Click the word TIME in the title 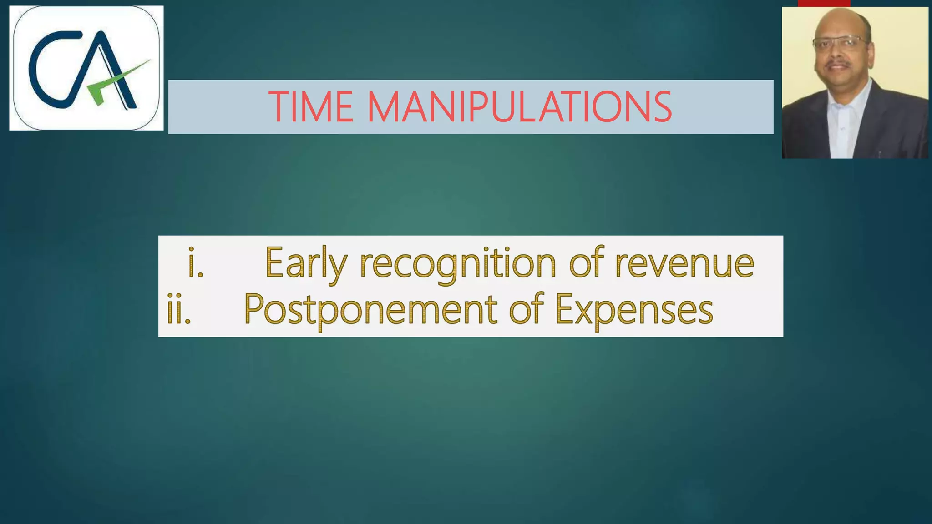click(x=311, y=107)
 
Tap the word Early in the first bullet click(x=306, y=263)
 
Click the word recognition click(x=458, y=263)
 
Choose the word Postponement click(x=370, y=310)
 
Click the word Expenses click(x=634, y=310)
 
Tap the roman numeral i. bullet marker click(x=196, y=263)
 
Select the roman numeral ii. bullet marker click(x=179, y=310)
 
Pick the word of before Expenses click(x=526, y=309)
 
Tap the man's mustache click(x=838, y=64)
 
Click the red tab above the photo click(x=824, y=3)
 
